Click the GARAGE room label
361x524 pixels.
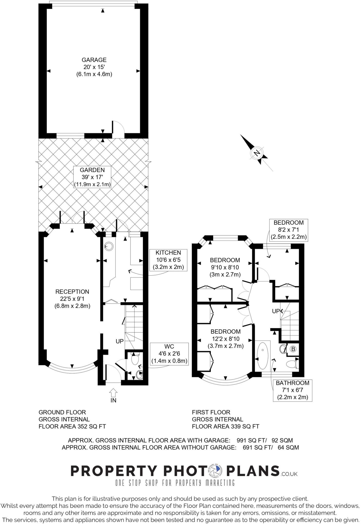coord(94,67)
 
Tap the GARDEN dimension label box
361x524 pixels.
coord(92,177)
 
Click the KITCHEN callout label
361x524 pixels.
coord(168,260)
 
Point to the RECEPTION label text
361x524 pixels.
coord(72,299)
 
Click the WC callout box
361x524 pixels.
coord(169,354)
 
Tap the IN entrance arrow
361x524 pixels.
coord(113,393)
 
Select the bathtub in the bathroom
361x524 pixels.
coord(262,356)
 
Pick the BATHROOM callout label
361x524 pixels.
coord(292,390)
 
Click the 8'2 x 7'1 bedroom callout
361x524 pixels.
coord(288,230)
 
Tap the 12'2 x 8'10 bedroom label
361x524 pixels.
coord(225,339)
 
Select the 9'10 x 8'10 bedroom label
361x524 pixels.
coord(225,267)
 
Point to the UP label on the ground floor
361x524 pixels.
coord(120,341)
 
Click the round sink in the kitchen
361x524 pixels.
coord(108,246)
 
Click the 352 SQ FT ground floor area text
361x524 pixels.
coord(72,427)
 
